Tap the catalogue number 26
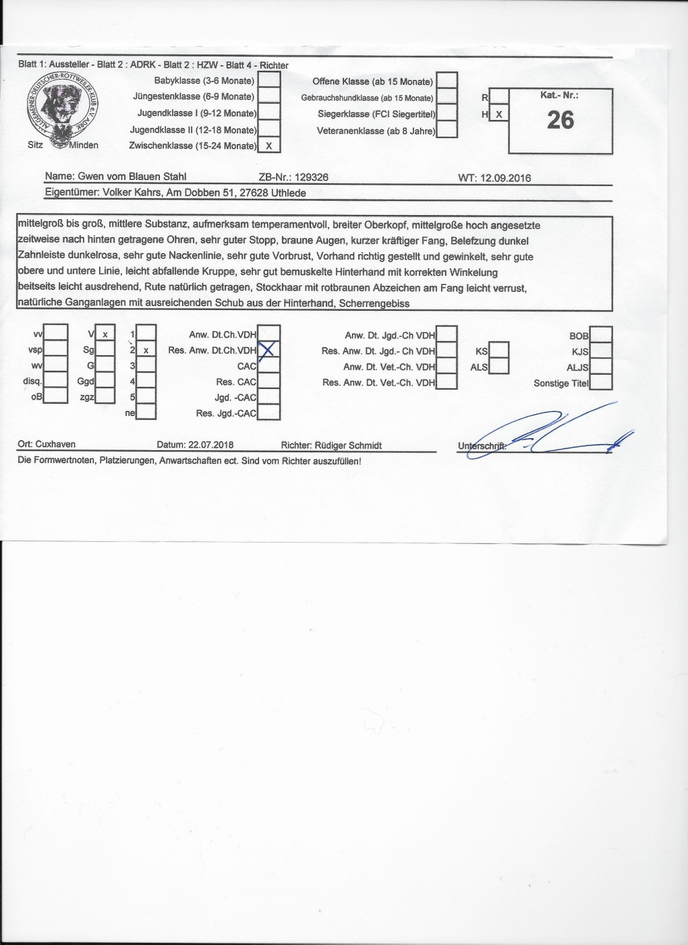point(561,121)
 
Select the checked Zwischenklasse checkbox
point(269,146)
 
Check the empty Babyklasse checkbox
point(269,81)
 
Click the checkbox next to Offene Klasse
point(447,81)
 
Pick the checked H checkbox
point(499,115)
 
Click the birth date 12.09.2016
point(505,178)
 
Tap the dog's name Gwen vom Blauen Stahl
point(132,177)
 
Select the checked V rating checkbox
point(105,334)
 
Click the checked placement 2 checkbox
point(146,350)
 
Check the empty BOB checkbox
point(601,335)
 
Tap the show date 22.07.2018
point(211,445)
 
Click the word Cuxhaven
point(55,444)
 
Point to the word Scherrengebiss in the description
point(374,303)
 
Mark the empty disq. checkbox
point(56,382)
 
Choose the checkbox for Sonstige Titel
point(601,382)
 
